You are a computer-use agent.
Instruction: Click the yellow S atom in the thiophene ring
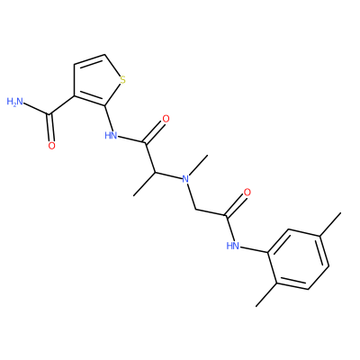[122, 80]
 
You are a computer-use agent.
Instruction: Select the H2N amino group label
[14, 102]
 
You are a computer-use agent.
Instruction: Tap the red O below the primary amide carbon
[51, 146]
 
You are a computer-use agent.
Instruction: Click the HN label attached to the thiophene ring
[111, 135]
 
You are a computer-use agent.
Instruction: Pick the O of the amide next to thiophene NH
[166, 119]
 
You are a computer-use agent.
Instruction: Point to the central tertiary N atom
[186, 179]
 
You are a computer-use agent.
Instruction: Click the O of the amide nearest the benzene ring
[247, 193]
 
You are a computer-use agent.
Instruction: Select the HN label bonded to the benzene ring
[233, 246]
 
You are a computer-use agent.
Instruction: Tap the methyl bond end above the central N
[208, 155]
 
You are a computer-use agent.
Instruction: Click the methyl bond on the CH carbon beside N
[144, 184]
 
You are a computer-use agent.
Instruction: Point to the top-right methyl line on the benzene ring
[330, 224]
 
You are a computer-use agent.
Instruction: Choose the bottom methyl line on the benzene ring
[266, 295]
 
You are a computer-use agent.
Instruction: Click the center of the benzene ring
[298, 259]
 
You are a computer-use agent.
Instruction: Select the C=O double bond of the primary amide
[50, 128]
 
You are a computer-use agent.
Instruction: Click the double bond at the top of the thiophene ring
[89, 59]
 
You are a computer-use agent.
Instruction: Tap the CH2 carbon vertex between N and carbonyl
[195, 209]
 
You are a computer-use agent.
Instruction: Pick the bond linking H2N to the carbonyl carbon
[36, 109]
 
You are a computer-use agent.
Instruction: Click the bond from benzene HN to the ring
[254, 250]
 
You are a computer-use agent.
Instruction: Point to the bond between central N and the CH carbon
[169, 175]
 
